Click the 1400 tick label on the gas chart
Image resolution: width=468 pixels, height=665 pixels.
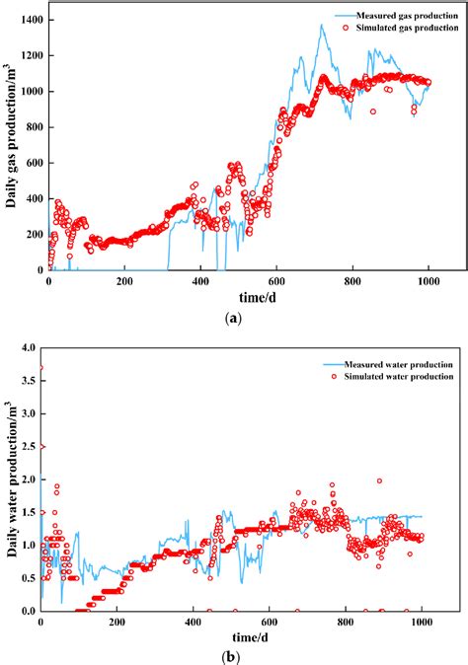coord(28,20)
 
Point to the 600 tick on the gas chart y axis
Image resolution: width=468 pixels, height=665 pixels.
coord(32,163)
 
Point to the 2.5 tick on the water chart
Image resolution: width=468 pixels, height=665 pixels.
coord(26,446)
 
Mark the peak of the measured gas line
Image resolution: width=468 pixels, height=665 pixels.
coord(322,26)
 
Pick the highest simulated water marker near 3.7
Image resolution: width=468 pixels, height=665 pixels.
coord(40,368)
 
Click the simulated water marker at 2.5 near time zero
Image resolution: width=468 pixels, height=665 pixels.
coord(41,446)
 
